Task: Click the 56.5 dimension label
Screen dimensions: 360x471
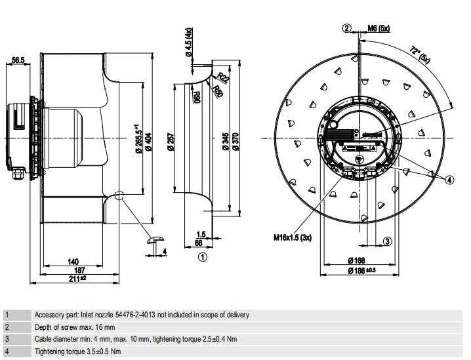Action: click(x=18, y=60)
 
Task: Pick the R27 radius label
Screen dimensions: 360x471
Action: click(x=223, y=78)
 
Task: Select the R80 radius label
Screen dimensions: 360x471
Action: click(x=196, y=98)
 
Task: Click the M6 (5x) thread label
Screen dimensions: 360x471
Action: click(x=379, y=28)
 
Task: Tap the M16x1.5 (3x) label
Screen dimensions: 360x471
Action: click(x=293, y=237)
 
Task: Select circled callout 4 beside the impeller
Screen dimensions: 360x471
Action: click(x=449, y=179)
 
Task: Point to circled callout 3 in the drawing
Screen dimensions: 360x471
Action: click(x=388, y=241)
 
